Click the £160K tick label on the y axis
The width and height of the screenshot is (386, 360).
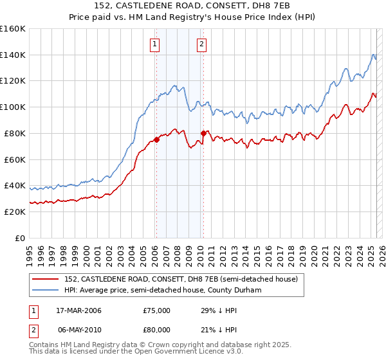click(x=13, y=29)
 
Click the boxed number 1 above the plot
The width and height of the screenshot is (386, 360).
click(x=156, y=44)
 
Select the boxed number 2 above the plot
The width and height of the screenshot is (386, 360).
click(x=202, y=44)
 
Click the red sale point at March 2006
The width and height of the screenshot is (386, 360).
click(x=156, y=139)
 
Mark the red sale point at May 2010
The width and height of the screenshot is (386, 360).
click(x=203, y=133)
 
